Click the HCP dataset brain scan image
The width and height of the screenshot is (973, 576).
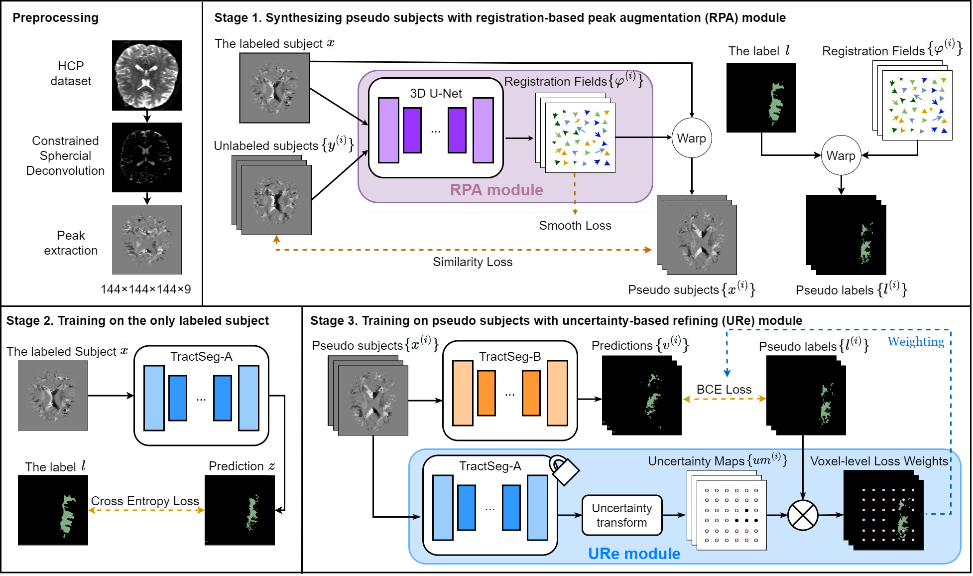click(147, 75)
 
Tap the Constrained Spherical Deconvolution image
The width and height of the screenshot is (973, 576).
click(147, 157)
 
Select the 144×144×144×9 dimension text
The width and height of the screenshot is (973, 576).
click(146, 289)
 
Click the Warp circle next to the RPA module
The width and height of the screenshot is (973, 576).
click(692, 138)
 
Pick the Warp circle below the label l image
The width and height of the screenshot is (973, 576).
click(841, 155)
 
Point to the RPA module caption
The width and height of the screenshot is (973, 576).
click(496, 190)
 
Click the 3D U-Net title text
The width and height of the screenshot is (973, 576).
click(436, 93)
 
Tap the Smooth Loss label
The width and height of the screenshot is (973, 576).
click(575, 226)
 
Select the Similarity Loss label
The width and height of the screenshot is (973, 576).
click(473, 262)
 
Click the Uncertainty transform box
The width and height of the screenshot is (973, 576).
click(622, 515)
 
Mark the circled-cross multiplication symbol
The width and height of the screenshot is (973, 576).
click(803, 515)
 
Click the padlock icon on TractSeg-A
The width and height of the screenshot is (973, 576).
click(564, 469)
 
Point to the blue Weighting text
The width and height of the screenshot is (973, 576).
click(916, 342)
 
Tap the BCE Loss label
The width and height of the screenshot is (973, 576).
click(724, 390)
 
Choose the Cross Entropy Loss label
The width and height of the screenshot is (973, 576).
click(145, 501)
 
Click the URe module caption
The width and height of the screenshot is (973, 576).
click(634, 554)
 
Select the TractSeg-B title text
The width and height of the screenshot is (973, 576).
click(510, 357)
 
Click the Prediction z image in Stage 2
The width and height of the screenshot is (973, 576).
click(240, 510)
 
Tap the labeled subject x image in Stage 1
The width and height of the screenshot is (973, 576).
click(274, 88)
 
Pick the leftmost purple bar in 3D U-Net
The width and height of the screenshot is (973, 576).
click(388, 130)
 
